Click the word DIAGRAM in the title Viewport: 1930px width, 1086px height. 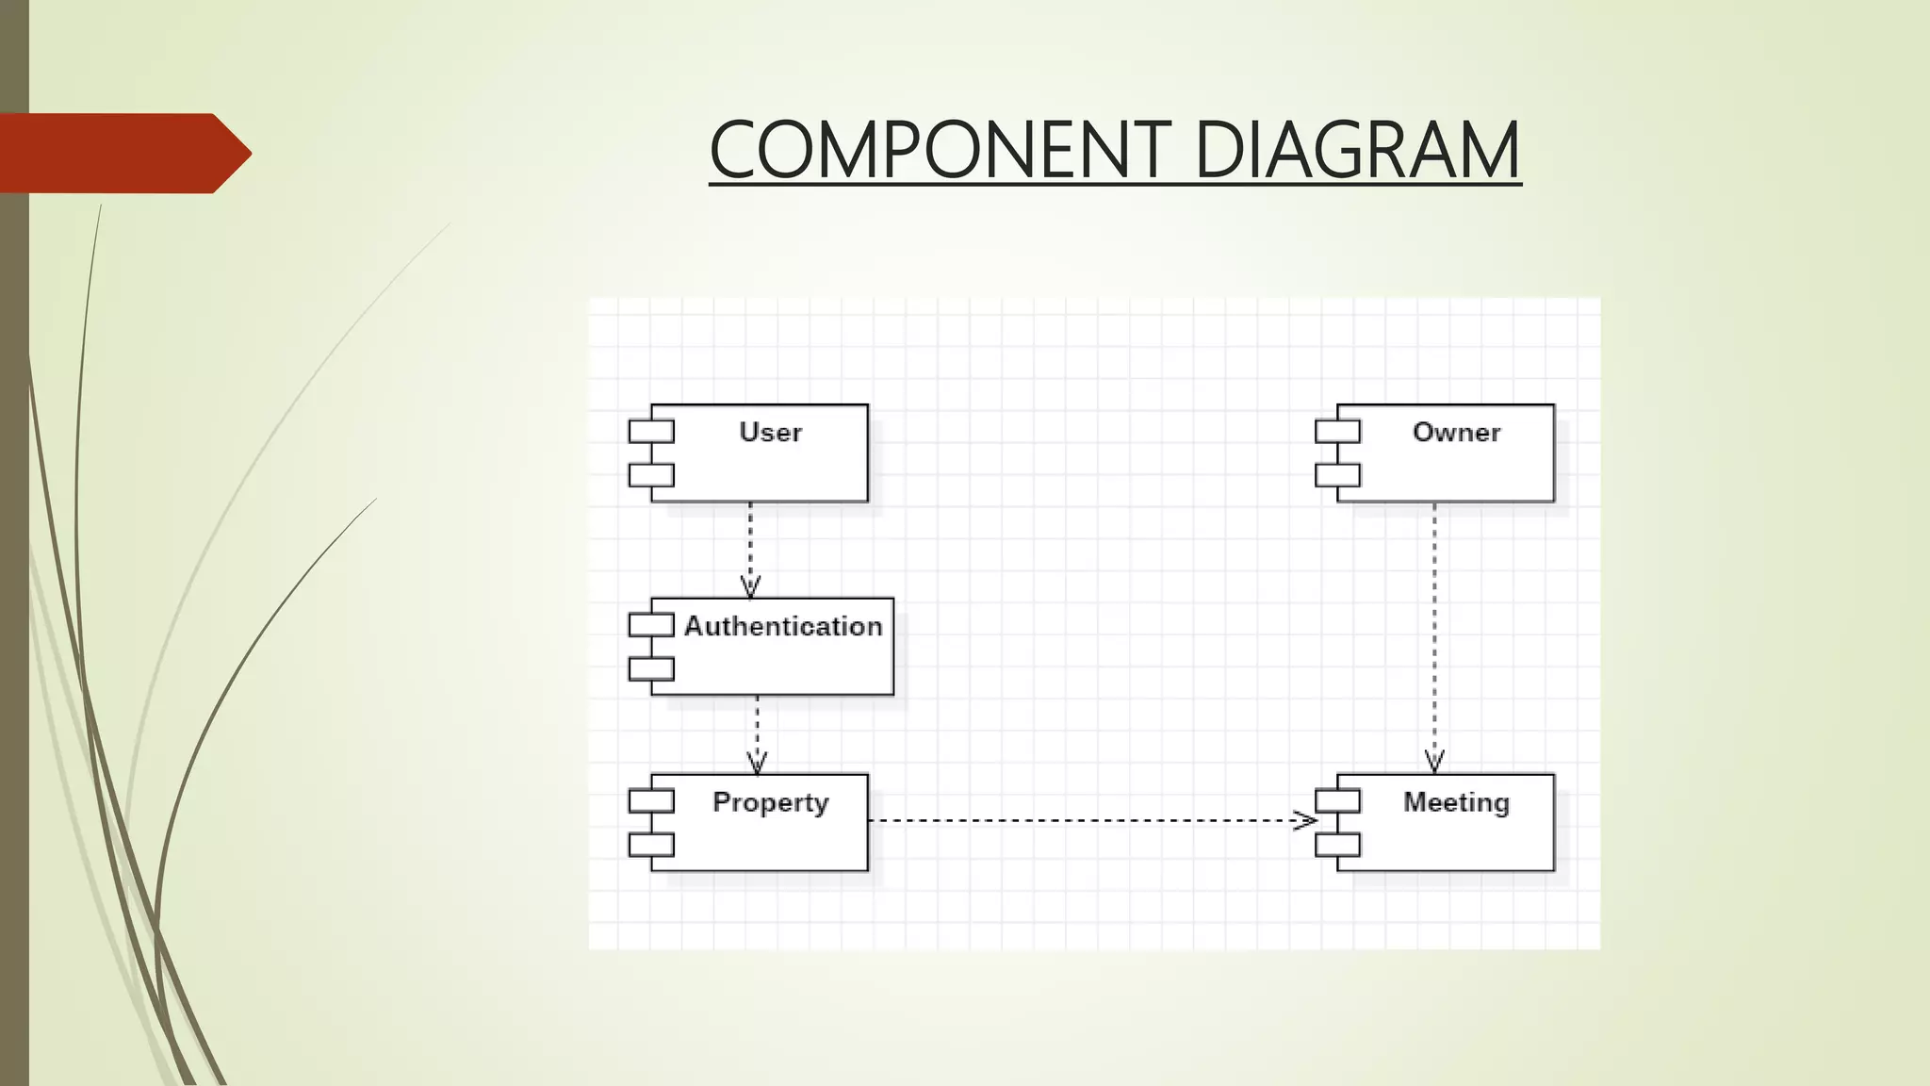[x=1357, y=150]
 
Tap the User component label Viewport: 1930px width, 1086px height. [x=770, y=433]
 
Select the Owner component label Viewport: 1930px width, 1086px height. [x=1456, y=433]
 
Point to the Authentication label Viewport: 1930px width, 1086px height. [x=783, y=626]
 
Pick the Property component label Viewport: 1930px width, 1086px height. [x=770, y=802]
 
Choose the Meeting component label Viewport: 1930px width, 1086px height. [x=1456, y=802]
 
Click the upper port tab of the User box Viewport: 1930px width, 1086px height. [x=651, y=432]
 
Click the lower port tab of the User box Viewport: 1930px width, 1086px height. [x=651, y=475]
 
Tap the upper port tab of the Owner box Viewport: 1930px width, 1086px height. [x=1337, y=432]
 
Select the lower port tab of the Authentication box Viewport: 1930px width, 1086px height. [x=651, y=669]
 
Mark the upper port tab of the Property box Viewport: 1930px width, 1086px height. [x=651, y=801]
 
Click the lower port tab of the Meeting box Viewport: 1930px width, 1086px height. [x=1337, y=845]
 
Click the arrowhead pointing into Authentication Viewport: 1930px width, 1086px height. [x=750, y=587]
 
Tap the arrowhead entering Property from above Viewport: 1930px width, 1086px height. [x=757, y=763]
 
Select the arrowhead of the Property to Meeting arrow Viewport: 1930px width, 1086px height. [x=1305, y=820]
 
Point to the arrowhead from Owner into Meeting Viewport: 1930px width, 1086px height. [x=1434, y=762]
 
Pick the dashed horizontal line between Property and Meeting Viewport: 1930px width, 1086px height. [x=1084, y=820]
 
